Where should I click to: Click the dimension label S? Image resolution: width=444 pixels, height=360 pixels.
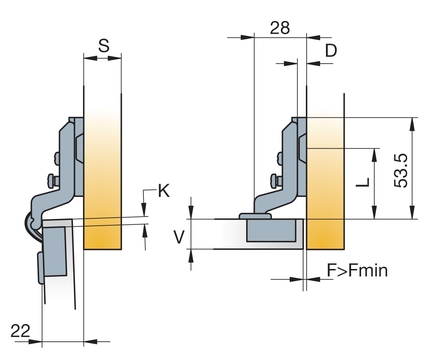pyautogui.click(x=104, y=45)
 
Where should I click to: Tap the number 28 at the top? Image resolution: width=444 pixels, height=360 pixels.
pyautogui.click(x=280, y=28)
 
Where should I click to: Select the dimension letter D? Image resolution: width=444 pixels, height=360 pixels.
pyautogui.click(x=331, y=51)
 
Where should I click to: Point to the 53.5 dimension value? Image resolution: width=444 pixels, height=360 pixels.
pyautogui.click(x=401, y=170)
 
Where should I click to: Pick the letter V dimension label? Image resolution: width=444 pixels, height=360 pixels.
pyautogui.click(x=179, y=237)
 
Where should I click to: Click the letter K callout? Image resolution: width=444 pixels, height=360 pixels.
pyautogui.click(x=163, y=191)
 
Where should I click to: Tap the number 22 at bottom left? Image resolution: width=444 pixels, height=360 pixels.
pyautogui.click(x=20, y=331)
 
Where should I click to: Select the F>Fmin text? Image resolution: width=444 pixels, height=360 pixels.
pyautogui.click(x=357, y=270)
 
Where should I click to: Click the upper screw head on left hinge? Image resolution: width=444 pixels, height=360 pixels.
pyautogui.click(x=56, y=159)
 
